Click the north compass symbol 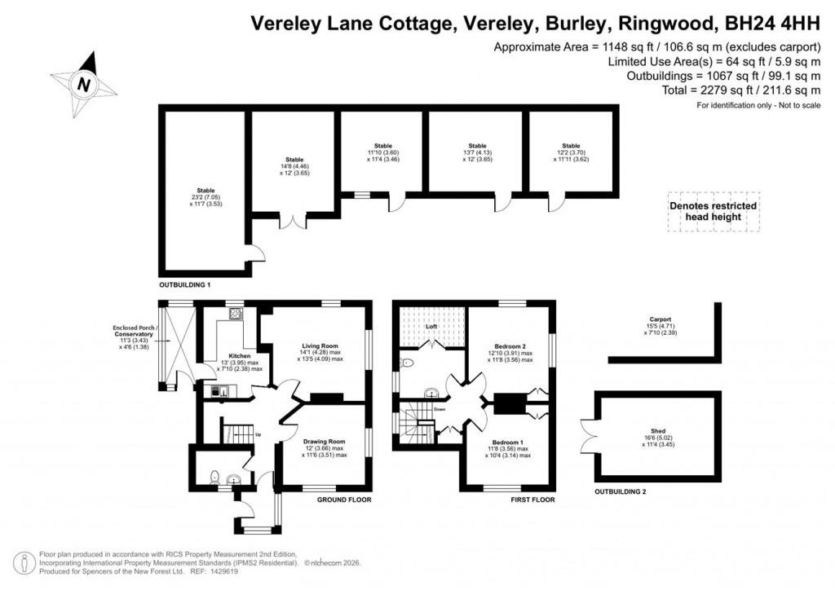[83, 83]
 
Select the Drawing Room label [325, 442]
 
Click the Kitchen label [239, 356]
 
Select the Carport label [660, 319]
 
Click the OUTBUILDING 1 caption [185, 286]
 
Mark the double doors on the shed [589, 434]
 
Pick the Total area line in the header [732, 90]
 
